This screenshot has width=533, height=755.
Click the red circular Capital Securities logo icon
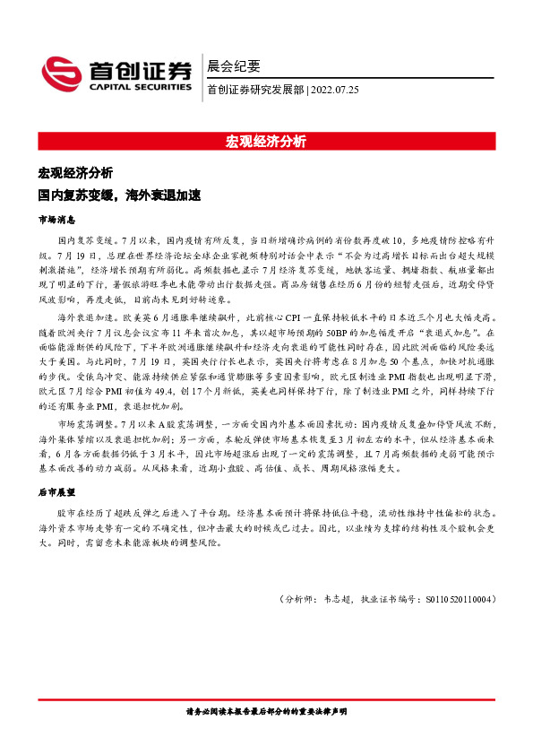62,74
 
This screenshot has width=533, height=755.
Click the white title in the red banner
266,142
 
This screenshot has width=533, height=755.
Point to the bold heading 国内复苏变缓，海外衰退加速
118,194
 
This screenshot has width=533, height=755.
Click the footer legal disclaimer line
266,710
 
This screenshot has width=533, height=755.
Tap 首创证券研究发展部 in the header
254,90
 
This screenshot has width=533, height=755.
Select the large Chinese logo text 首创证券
139,70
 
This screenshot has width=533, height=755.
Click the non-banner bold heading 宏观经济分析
75,172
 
